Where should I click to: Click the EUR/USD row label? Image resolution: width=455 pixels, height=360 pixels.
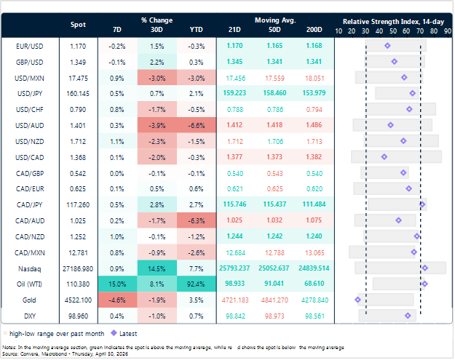pos(28,45)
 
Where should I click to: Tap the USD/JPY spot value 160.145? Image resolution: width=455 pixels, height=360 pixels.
pos(78,93)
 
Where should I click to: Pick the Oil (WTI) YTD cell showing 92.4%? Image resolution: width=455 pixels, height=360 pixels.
pos(195,283)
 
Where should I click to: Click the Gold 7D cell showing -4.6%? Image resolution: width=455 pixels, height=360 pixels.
pos(117,299)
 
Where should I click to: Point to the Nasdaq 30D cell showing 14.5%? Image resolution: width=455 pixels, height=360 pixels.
pos(156,268)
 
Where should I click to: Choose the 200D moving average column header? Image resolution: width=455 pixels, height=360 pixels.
pos(314,29)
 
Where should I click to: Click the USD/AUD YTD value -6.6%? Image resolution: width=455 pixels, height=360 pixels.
pos(195,125)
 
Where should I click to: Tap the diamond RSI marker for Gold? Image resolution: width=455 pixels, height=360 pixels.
pos(357,299)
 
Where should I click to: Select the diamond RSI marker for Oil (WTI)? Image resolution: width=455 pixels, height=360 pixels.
pos(424,283)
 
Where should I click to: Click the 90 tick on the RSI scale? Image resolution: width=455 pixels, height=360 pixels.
pos(449,31)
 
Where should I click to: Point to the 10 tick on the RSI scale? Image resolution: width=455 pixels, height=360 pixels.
pos(339,31)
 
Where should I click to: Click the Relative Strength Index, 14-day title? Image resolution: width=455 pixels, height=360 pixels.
pos(394,21)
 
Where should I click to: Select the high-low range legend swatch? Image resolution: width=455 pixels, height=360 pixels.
pos(7,332)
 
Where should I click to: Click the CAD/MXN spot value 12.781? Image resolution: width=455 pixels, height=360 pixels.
pos(78,252)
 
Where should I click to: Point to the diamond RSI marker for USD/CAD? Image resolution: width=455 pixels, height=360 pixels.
pos(384,156)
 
